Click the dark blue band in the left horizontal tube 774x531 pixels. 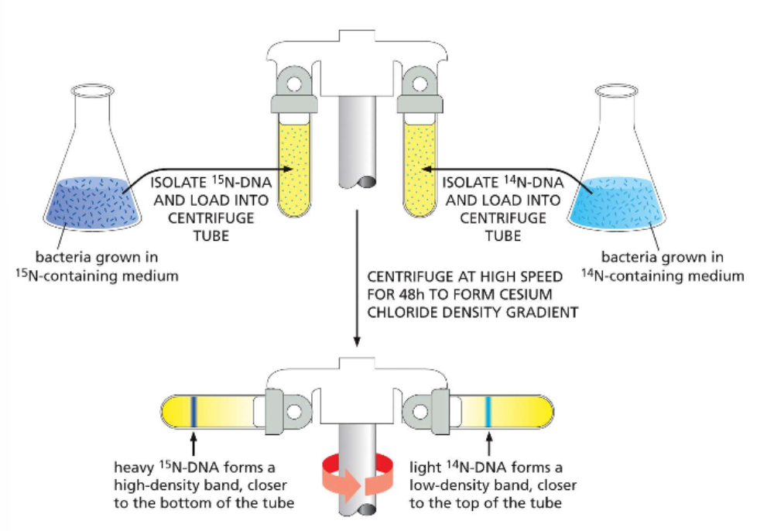click(x=193, y=410)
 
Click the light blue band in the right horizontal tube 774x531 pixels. click(x=488, y=410)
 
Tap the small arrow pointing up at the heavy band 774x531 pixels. click(x=193, y=447)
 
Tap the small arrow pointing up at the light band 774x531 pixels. click(x=488, y=447)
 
